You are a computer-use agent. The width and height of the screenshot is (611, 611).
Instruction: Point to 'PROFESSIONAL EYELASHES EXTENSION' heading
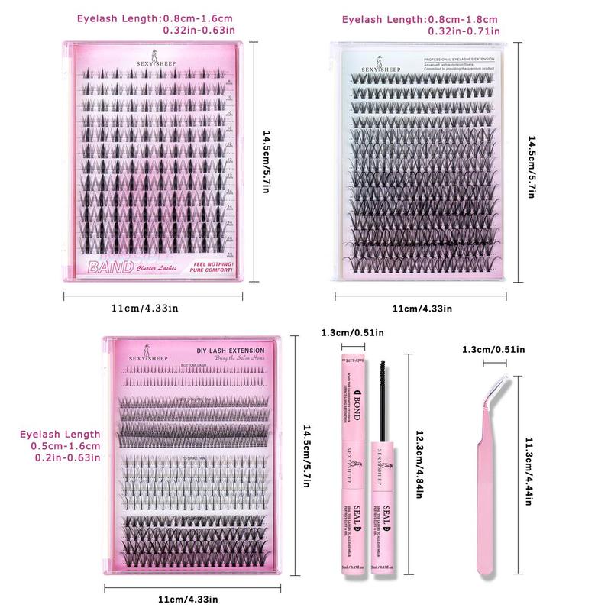(454, 58)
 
